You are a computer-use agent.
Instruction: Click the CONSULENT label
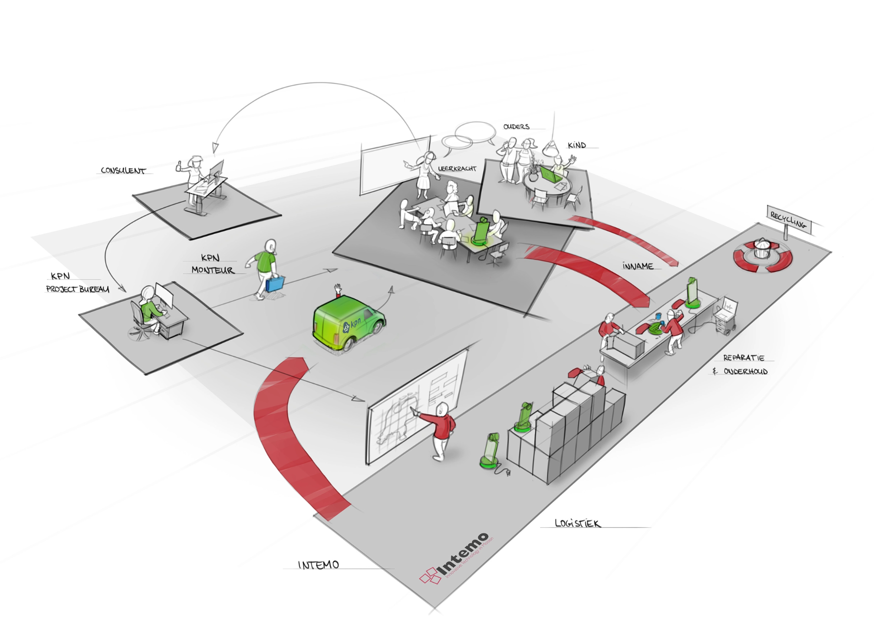(123, 170)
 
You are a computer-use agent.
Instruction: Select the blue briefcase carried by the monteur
(274, 283)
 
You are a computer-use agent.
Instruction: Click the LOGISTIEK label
(577, 523)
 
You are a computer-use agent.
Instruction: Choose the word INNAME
(637, 266)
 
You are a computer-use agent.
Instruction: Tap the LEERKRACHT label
(457, 168)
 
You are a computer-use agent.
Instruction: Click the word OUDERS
(516, 126)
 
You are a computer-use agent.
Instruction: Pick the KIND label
(577, 145)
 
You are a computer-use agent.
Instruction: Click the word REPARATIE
(743, 357)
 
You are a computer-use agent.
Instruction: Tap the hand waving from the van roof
(338, 289)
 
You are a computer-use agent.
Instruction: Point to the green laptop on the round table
(549, 174)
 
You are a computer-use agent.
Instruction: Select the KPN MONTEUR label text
(212, 264)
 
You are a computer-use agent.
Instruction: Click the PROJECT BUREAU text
(77, 289)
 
